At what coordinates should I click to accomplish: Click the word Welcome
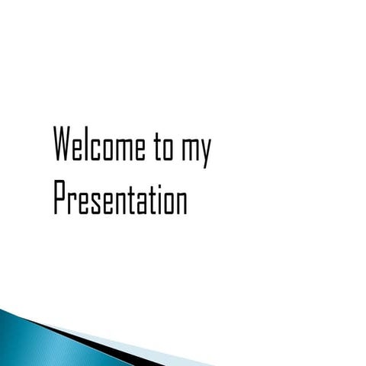(x=99, y=145)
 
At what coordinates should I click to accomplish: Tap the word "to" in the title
(x=162, y=145)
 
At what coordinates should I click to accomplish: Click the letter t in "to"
(x=157, y=145)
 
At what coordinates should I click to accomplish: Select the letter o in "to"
(x=168, y=147)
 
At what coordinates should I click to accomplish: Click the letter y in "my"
(x=205, y=150)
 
